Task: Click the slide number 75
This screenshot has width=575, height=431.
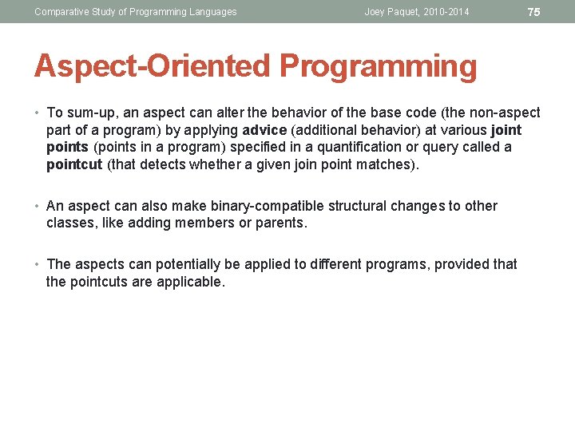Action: pos(534,12)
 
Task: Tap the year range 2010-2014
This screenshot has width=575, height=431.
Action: pos(448,12)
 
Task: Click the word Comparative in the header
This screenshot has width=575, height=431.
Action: pos(61,12)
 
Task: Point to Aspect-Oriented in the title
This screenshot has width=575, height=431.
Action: pos(152,67)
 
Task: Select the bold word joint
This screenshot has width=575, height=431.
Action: pos(507,130)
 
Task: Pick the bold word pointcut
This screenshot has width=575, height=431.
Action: pos(74,165)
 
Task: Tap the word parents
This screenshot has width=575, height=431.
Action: pos(280,223)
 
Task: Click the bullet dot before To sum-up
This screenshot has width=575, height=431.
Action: pos(38,113)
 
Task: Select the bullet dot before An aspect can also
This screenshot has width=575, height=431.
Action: pos(38,207)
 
